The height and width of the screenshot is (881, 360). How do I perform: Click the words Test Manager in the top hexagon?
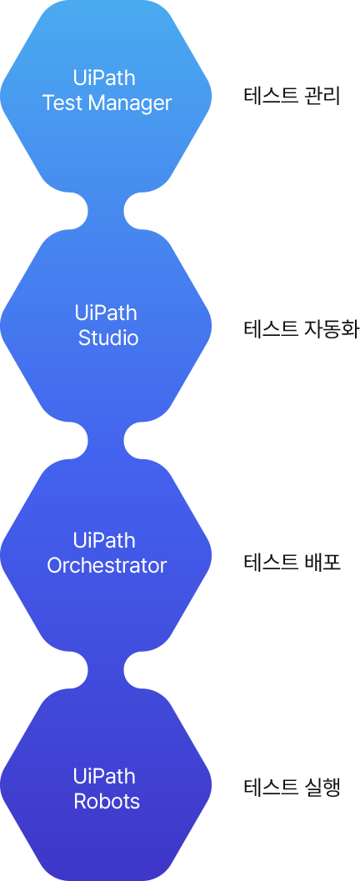[107, 103]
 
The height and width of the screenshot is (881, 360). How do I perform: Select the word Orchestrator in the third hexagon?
[107, 565]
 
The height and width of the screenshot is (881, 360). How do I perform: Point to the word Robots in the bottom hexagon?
[107, 801]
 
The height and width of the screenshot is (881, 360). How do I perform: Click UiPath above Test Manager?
[104, 78]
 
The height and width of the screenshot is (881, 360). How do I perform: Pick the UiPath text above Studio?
[106, 313]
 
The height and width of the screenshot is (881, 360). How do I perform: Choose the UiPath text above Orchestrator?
[104, 540]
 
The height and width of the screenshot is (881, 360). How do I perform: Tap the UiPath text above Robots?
[104, 777]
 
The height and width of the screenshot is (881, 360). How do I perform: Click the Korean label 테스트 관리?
[292, 96]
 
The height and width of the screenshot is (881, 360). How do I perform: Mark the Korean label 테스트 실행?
[292, 787]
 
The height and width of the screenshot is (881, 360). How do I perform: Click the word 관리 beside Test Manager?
[322, 96]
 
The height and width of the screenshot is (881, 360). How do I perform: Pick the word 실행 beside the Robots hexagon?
[322, 787]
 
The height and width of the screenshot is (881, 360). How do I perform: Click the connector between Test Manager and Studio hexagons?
[106, 211]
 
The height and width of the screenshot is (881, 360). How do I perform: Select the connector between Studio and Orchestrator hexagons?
[106, 441]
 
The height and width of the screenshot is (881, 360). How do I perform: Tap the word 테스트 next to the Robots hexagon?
[272, 787]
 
